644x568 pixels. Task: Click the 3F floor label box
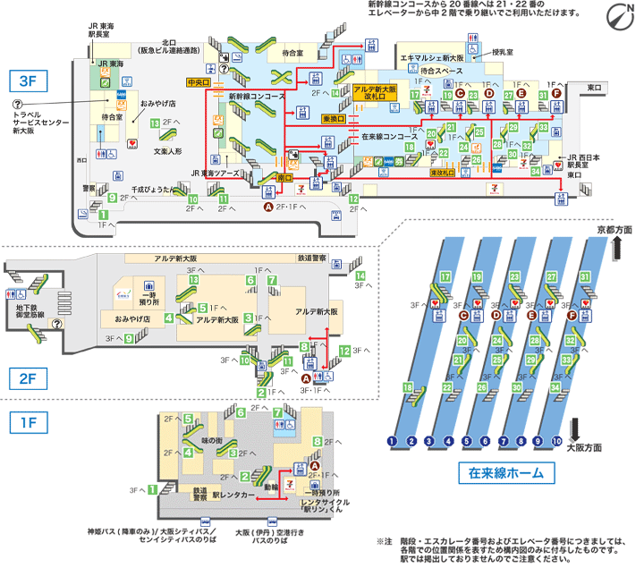[x=28, y=81]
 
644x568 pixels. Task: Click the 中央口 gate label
[x=197, y=82]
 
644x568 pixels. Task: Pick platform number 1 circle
[x=391, y=441]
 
